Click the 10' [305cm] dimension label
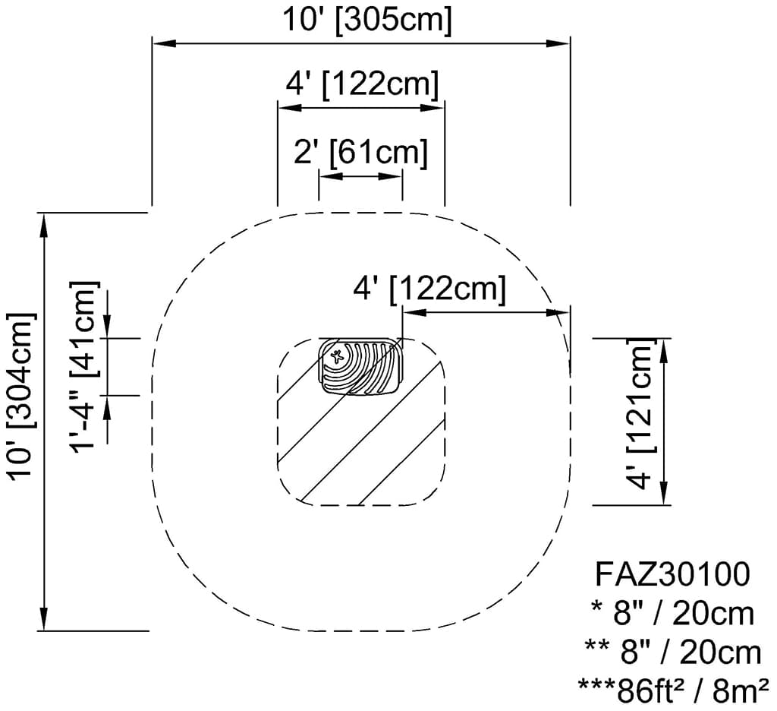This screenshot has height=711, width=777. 366,20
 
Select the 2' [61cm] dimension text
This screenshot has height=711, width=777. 360,152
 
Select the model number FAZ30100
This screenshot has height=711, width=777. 672,574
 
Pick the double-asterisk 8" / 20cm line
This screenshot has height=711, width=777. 672,651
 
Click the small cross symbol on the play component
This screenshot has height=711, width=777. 338,356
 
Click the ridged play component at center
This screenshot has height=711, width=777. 360,367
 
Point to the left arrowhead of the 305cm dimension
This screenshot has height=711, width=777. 164,44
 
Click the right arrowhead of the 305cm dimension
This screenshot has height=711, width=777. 558,44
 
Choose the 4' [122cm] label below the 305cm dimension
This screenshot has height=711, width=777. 362,84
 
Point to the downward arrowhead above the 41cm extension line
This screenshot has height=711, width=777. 108,327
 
